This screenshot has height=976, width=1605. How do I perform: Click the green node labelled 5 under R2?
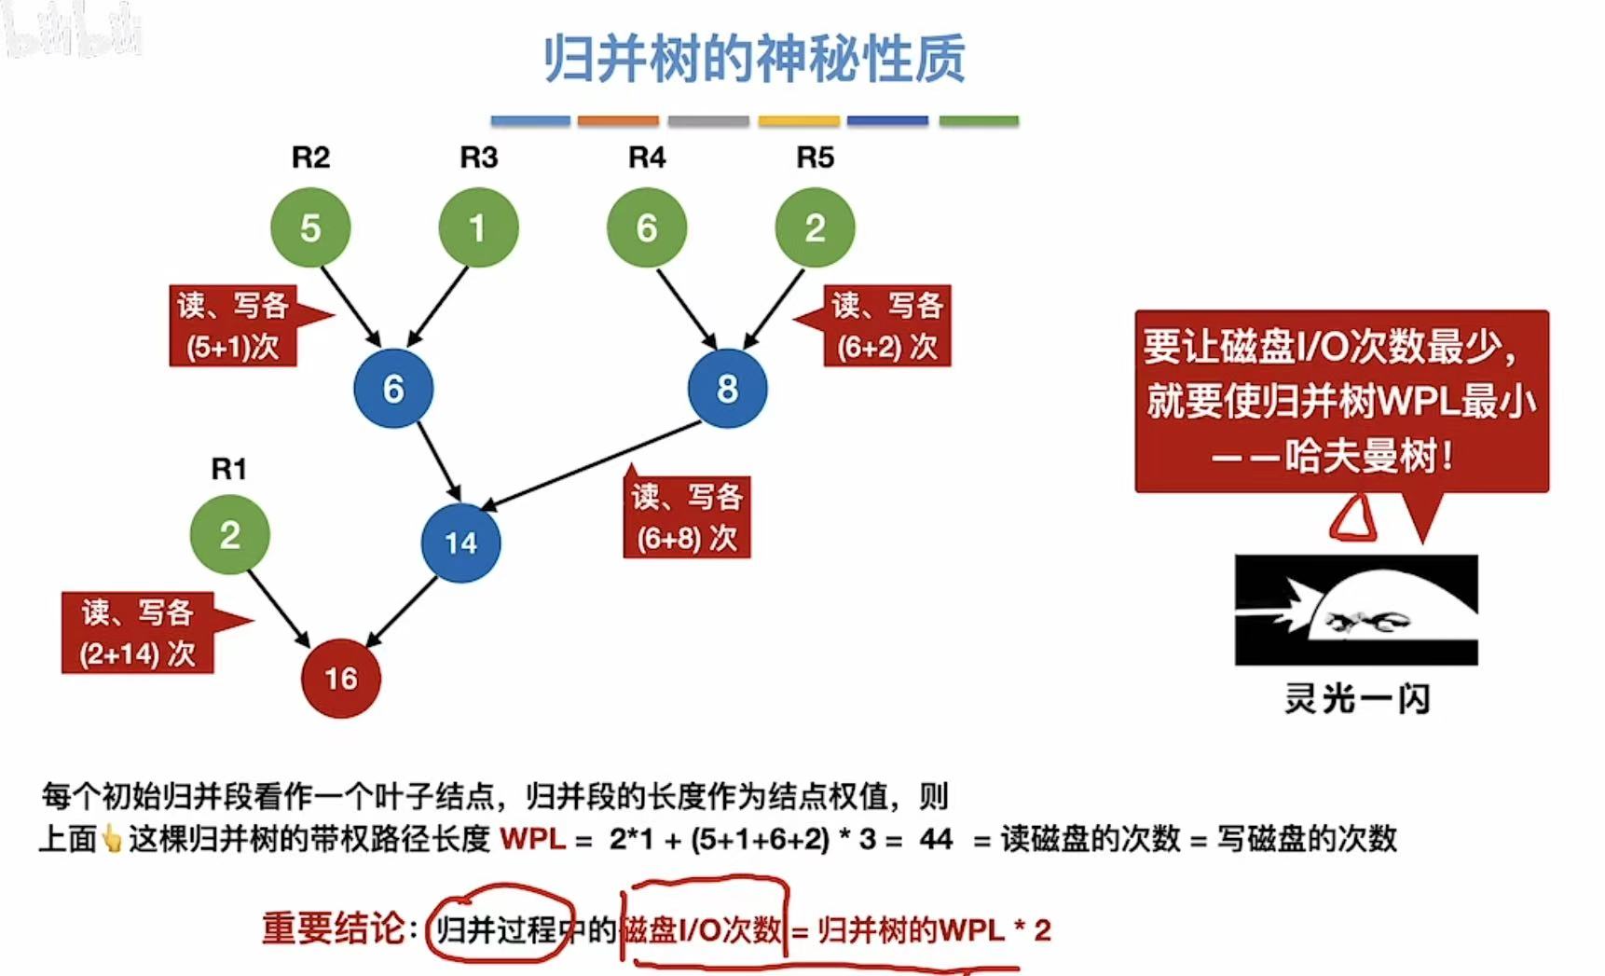[310, 228]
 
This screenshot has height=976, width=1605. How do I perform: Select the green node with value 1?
[478, 228]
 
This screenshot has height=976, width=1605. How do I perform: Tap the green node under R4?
[646, 228]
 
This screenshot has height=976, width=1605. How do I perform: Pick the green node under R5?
[815, 228]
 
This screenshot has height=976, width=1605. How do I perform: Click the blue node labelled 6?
[393, 389]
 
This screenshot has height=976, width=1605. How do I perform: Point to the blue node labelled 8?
[727, 389]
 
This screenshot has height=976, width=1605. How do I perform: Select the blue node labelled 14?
[460, 543]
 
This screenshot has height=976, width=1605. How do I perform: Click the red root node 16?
[341, 678]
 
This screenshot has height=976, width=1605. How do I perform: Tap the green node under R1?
[229, 535]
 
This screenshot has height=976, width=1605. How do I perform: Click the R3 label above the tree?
[478, 158]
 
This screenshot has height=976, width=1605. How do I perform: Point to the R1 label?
[229, 469]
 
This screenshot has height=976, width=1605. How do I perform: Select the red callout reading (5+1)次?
[233, 326]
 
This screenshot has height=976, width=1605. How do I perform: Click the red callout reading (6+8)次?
[687, 517]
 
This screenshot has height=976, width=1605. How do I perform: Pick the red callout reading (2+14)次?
[138, 633]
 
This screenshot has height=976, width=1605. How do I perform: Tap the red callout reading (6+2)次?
[886, 326]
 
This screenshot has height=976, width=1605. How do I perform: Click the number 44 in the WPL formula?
[936, 839]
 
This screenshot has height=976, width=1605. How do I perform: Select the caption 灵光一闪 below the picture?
[1356, 698]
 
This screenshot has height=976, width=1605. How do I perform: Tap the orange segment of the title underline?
[618, 121]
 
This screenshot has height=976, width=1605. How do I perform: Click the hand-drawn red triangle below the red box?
[1353, 518]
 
